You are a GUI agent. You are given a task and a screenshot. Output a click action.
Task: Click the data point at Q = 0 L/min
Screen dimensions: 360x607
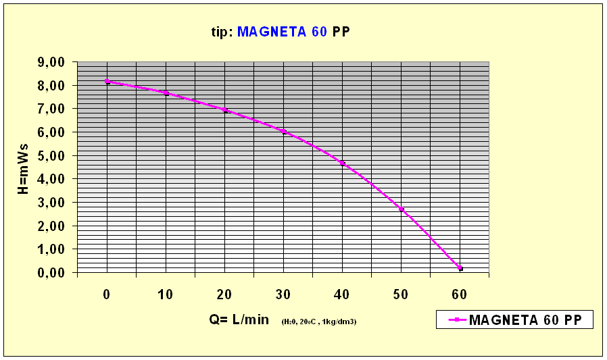[x=107, y=82]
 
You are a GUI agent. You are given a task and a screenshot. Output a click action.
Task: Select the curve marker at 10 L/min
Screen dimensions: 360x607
[x=166, y=93]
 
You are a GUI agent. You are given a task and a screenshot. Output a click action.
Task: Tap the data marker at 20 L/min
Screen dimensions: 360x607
[x=224, y=110]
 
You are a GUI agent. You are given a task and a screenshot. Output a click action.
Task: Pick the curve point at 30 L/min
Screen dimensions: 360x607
[x=284, y=132]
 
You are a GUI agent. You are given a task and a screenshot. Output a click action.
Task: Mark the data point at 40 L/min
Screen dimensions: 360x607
[x=343, y=163]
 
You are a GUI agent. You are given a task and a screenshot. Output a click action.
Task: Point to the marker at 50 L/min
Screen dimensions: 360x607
[x=402, y=209]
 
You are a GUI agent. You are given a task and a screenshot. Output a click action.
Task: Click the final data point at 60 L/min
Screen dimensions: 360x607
[x=460, y=269]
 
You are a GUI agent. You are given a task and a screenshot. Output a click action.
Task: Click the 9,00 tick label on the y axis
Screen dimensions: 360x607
[x=51, y=62]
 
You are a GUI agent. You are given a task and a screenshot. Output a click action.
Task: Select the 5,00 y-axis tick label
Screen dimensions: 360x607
[x=51, y=155]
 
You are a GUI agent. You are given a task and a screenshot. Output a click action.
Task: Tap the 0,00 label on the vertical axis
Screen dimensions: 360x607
[x=51, y=272]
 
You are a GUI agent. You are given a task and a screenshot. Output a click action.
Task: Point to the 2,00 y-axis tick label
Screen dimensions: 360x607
[x=51, y=226]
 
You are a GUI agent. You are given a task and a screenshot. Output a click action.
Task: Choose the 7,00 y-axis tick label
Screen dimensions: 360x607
[x=51, y=109]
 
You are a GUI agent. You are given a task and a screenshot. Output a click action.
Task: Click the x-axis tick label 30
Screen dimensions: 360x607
[x=283, y=294]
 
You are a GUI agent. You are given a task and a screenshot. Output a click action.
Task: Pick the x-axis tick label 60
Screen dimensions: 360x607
[x=460, y=294]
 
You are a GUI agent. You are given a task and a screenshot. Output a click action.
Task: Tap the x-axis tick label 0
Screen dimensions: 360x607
[x=107, y=294]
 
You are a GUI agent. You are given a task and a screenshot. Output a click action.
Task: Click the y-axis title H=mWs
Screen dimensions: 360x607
[x=22, y=167]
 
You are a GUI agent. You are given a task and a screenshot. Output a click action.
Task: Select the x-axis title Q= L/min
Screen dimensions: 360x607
[x=239, y=320]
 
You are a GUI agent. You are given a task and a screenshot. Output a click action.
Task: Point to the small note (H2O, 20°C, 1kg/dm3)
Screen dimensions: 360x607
[x=319, y=322]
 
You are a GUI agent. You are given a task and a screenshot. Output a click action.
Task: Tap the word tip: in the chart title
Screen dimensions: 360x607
[x=222, y=32]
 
